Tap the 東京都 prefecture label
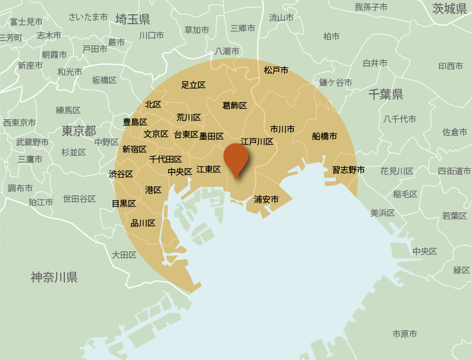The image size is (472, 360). point(78,130)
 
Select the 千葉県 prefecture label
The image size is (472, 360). point(385,94)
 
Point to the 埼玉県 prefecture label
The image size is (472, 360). point(132,19)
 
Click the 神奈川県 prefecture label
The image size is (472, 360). point(54,277)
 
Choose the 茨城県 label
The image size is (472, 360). point(450,8)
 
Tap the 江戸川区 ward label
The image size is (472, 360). point(257,142)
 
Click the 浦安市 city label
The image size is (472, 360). point(266,199)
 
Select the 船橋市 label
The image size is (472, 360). point(324,136)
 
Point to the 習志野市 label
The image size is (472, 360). point(348,170)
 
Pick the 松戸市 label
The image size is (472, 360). point(276,70)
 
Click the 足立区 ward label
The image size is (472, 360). point(193,85)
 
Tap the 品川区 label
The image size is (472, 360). point(143,223)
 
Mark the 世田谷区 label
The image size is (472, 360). point(79,199)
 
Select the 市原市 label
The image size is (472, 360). point(405,334)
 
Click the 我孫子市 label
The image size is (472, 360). point(371,7)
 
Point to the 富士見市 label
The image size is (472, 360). point(26,22)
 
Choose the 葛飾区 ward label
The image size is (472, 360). point(234,106)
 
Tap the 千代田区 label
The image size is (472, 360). point(165,159)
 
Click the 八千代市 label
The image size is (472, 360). point(399,119)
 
